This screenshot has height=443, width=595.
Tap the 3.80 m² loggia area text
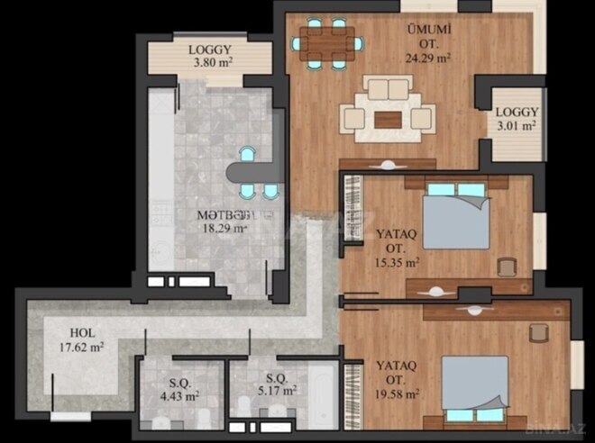coord(209,66)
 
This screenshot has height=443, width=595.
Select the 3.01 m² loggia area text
coord(517,126)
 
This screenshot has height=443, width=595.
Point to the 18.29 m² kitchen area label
coord(223,229)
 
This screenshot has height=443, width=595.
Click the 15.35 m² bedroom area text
coord(397,263)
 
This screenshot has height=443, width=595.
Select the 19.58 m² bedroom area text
coord(398,393)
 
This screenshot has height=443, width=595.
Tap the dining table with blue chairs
coord(329,42)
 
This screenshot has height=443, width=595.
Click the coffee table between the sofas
coord(388,118)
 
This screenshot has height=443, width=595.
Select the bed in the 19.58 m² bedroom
coord(474,387)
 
